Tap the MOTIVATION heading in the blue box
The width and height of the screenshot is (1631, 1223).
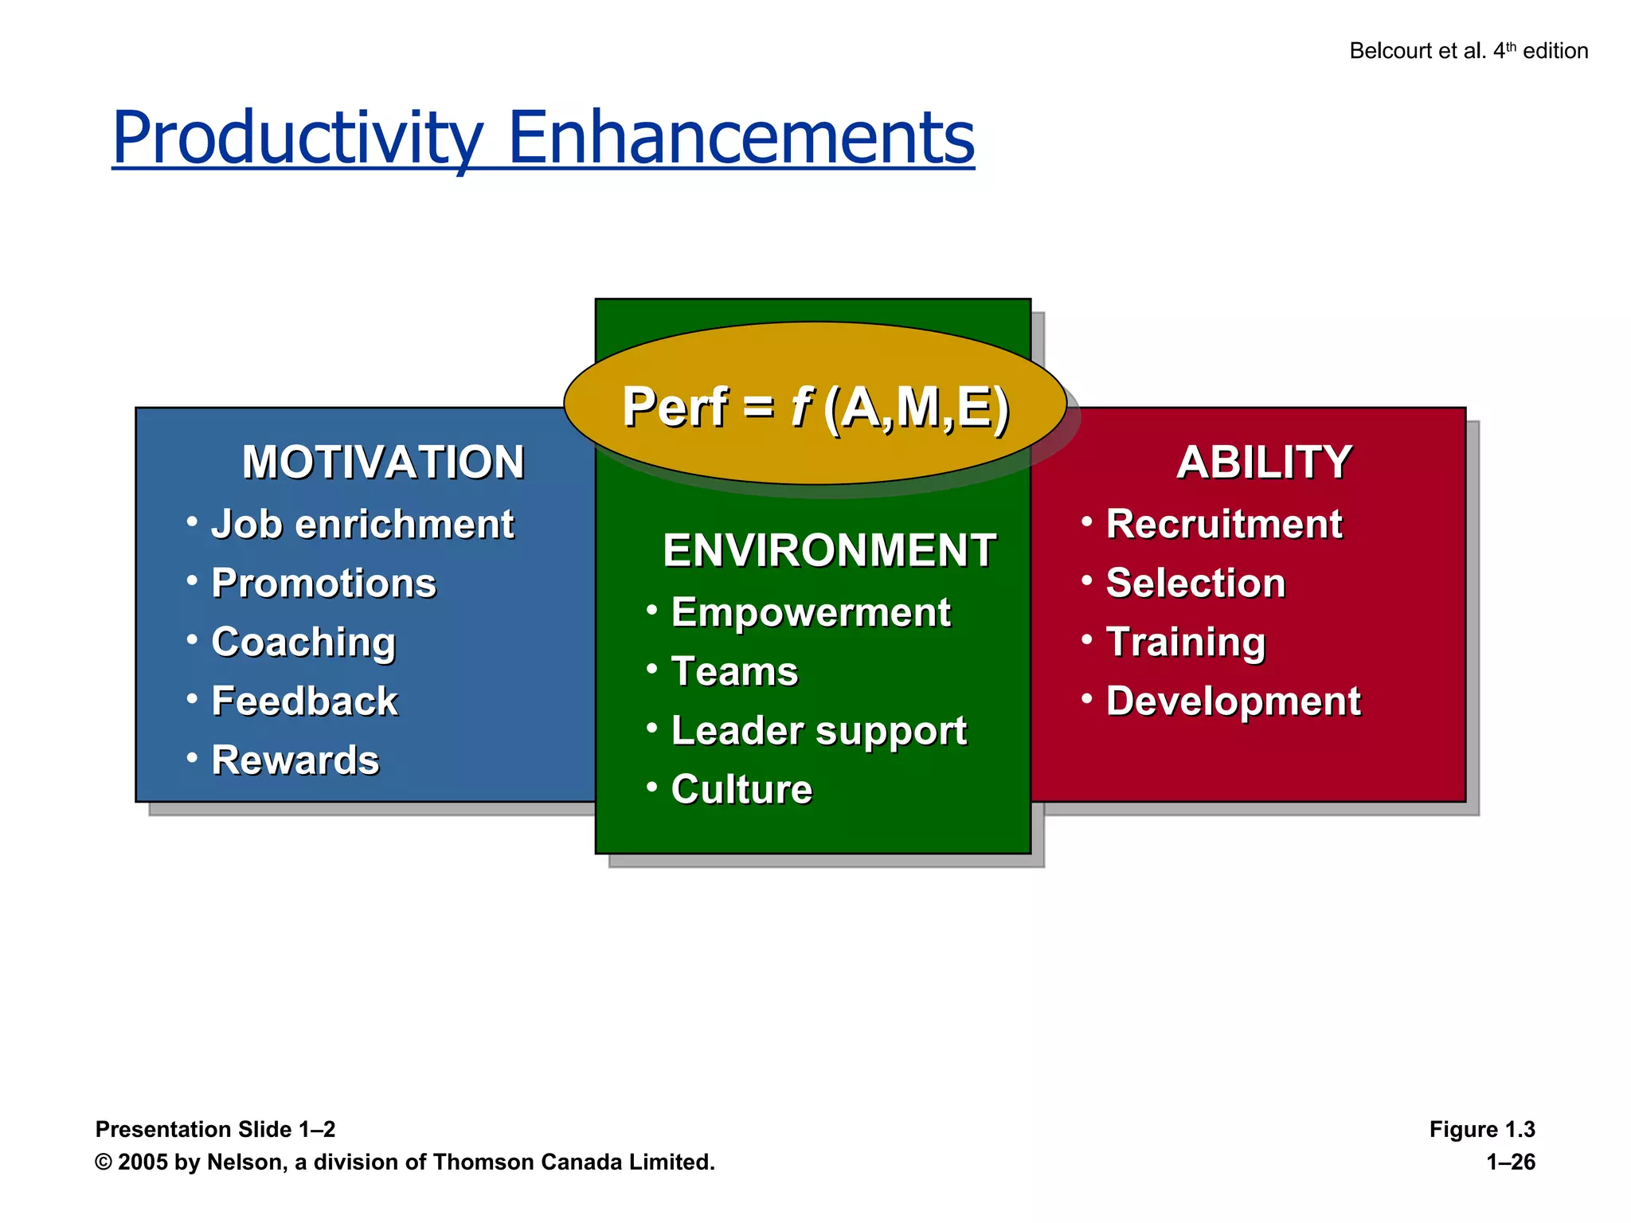[x=383, y=462]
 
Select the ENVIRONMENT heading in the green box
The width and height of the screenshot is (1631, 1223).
[x=829, y=550]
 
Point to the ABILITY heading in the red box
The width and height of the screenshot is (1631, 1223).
[x=1264, y=462]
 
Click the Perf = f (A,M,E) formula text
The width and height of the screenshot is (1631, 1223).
[x=815, y=408]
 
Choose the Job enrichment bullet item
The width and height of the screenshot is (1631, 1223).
[x=362, y=524]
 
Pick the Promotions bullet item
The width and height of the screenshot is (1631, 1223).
[x=323, y=583]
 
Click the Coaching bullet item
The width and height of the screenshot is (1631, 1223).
[x=303, y=642]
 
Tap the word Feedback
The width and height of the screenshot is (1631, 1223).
[x=304, y=701]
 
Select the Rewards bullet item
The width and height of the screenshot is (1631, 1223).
[x=295, y=760]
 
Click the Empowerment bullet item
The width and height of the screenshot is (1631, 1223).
[x=811, y=612]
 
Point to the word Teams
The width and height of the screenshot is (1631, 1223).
[x=734, y=671]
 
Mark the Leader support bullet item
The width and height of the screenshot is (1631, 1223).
[x=819, y=730]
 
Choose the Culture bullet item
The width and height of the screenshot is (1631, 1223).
[x=741, y=789]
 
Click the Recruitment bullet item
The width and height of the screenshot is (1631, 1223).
[x=1224, y=524]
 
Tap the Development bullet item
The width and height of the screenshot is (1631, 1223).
[x=1234, y=701]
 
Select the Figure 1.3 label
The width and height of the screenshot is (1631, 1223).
[x=1481, y=1129]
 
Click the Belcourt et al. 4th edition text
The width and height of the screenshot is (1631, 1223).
[x=1468, y=51]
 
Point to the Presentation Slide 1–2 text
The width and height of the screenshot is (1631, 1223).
[x=215, y=1129]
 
